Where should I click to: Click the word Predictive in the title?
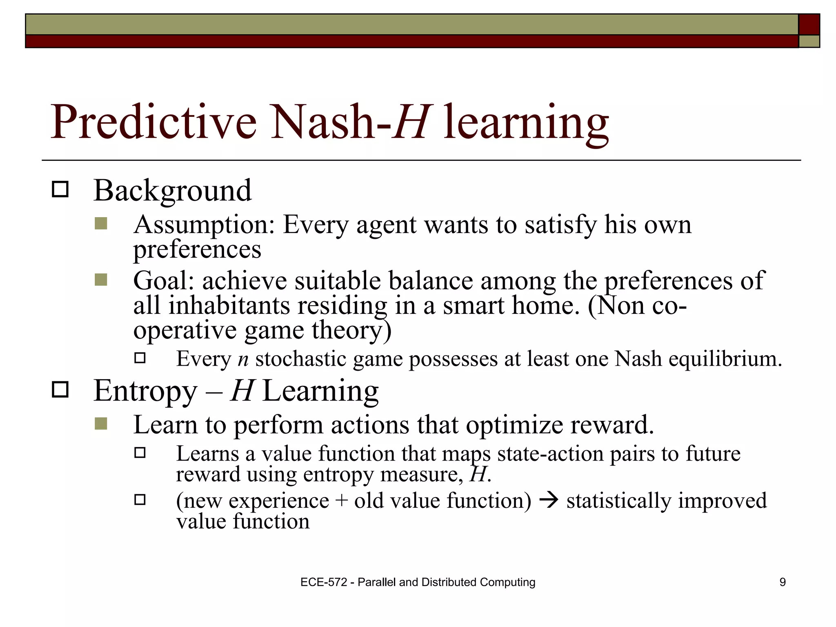click(x=153, y=122)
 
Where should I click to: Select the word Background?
click(x=172, y=191)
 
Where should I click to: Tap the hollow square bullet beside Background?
click(x=60, y=190)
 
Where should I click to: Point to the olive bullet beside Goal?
click(x=101, y=280)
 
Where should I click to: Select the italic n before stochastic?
click(x=243, y=359)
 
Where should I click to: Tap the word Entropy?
click(x=145, y=391)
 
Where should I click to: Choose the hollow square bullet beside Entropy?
click(x=60, y=390)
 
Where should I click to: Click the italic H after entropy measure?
click(x=478, y=475)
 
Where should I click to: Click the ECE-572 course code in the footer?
click(x=323, y=582)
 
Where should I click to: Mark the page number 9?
click(x=782, y=582)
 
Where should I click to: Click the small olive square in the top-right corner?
click(x=809, y=41)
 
